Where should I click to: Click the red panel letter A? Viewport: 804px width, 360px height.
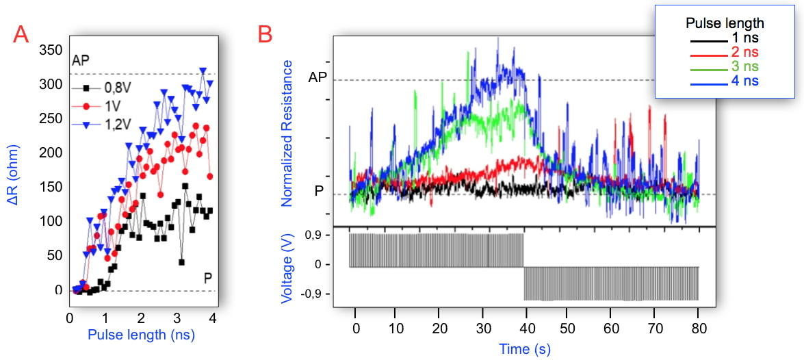pyautogui.click(x=21, y=34)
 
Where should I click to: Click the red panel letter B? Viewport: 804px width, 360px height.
pyautogui.click(x=265, y=34)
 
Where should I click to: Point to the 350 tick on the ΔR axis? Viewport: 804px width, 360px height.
pyautogui.click(x=50, y=50)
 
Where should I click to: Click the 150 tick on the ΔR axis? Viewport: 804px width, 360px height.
pyautogui.click(x=50, y=188)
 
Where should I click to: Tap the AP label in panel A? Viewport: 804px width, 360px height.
pyautogui.click(x=81, y=60)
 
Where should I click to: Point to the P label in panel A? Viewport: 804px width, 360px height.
pyautogui.click(x=207, y=278)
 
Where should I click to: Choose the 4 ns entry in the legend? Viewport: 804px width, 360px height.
pyautogui.click(x=744, y=81)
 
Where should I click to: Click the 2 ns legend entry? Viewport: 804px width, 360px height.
pyautogui.click(x=744, y=52)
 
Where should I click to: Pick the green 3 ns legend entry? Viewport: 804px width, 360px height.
pyautogui.click(x=744, y=66)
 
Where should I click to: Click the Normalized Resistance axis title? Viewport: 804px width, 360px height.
pyautogui.click(x=287, y=133)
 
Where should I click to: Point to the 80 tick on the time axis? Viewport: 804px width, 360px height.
pyautogui.click(x=697, y=329)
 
